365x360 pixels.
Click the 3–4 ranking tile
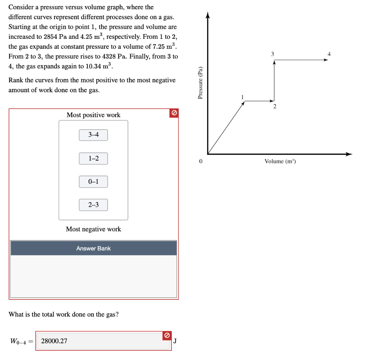[x=93, y=135]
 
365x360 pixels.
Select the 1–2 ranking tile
[x=93, y=158]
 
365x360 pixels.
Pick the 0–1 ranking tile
[x=93, y=182]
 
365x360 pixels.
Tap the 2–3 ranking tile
[x=93, y=205]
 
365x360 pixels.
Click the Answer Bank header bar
[x=93, y=248]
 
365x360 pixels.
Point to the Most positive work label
[x=93, y=115]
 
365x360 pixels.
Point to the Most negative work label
[x=93, y=229]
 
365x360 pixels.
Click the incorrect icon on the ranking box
[x=174, y=113]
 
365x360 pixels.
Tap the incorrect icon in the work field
[x=166, y=335]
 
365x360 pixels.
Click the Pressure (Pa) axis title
[x=200, y=82]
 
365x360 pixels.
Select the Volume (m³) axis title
[x=280, y=162]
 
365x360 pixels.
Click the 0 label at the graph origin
[x=201, y=162]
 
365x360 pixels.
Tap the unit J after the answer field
[x=175, y=341]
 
